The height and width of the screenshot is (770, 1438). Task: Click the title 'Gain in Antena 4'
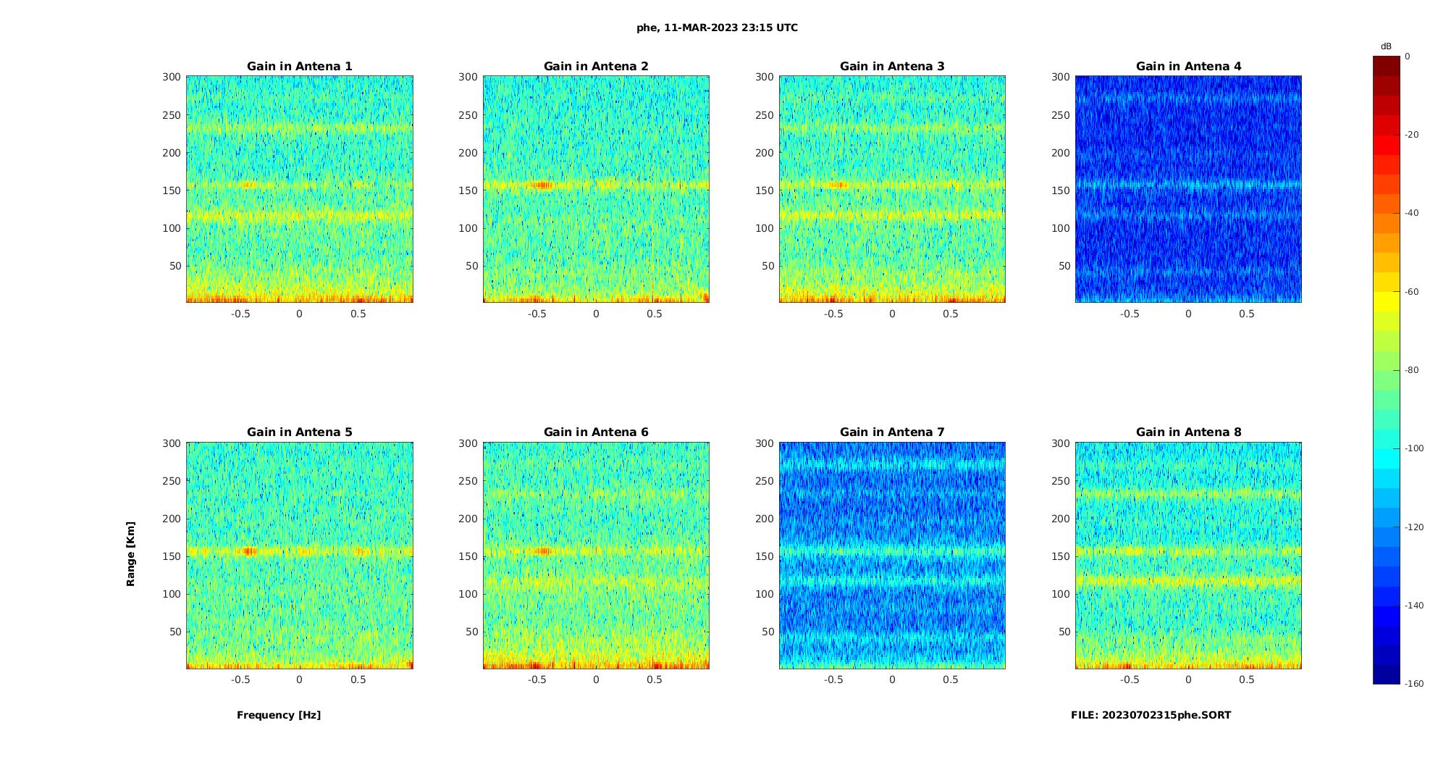click(1188, 67)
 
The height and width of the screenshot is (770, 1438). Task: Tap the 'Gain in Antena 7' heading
click(892, 432)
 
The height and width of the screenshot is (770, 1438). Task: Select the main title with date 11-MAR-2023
click(717, 28)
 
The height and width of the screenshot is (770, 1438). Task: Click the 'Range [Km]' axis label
click(130, 553)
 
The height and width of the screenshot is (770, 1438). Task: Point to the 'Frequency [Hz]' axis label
click(279, 715)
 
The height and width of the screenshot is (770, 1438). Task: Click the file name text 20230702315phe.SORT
click(1151, 715)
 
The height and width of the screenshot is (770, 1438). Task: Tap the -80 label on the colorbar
click(1411, 370)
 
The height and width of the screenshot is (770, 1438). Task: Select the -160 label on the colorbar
click(1413, 684)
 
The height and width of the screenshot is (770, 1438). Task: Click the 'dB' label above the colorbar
click(1386, 46)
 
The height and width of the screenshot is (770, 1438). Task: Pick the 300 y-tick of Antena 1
click(171, 77)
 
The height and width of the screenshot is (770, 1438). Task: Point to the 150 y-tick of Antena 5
click(171, 556)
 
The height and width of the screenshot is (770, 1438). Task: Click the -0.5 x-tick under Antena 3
click(833, 314)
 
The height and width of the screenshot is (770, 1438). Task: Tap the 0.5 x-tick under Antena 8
click(1247, 679)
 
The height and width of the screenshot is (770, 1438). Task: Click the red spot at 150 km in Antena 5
click(249, 551)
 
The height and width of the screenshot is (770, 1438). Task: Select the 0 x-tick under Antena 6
click(596, 679)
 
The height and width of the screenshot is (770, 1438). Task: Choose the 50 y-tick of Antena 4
click(1064, 266)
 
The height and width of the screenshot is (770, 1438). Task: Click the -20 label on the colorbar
click(1411, 135)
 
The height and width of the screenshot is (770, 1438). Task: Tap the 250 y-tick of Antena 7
click(764, 481)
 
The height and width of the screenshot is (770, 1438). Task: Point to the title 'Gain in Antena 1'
click(300, 67)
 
